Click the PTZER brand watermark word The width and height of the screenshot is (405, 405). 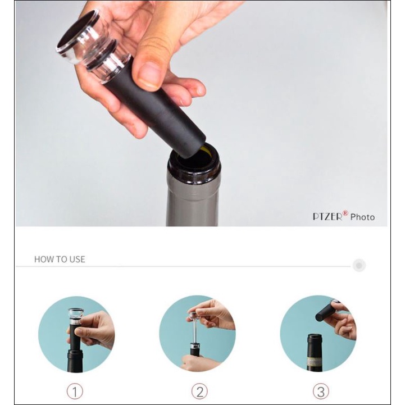coord(327,216)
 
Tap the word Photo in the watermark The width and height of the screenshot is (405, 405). coord(362,217)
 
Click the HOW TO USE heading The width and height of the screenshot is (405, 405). coord(60,259)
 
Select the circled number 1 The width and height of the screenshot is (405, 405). coord(75,392)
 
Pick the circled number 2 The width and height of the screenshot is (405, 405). coord(199,392)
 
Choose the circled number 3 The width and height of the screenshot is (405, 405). coord(321,392)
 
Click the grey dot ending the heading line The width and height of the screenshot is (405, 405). coord(359,265)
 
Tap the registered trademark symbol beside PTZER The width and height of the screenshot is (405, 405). coord(345,213)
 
